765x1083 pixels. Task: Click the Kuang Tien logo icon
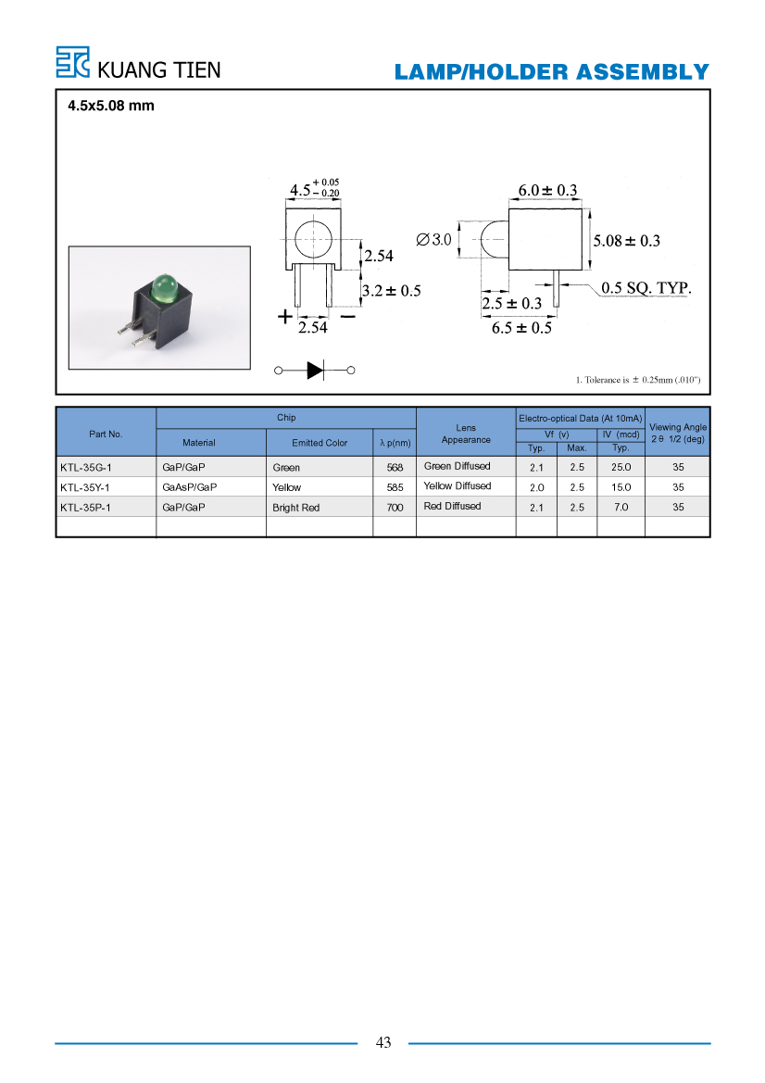[x=72, y=62]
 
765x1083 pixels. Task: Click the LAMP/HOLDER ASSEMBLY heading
[x=552, y=72]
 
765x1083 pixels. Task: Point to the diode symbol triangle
[x=315, y=371]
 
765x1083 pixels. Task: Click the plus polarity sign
[x=284, y=317]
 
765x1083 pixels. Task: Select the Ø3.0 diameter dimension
[x=433, y=240]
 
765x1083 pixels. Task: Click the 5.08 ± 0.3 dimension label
[x=626, y=240]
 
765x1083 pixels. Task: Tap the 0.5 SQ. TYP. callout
[x=646, y=288]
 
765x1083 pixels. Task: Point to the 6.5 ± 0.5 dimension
[x=521, y=328]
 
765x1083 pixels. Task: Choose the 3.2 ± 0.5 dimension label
[x=392, y=291]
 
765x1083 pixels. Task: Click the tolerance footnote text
[x=638, y=380]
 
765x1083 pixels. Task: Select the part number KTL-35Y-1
[x=85, y=487]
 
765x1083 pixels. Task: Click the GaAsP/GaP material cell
[x=189, y=487]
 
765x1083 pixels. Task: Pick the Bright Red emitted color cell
[x=295, y=508]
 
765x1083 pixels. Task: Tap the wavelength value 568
[x=395, y=468]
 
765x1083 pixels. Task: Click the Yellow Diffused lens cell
[x=458, y=486]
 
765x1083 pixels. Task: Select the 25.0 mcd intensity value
[x=621, y=468]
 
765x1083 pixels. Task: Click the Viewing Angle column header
[x=678, y=433]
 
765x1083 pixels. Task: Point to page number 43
[x=383, y=1043]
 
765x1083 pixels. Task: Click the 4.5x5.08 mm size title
[x=111, y=106]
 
